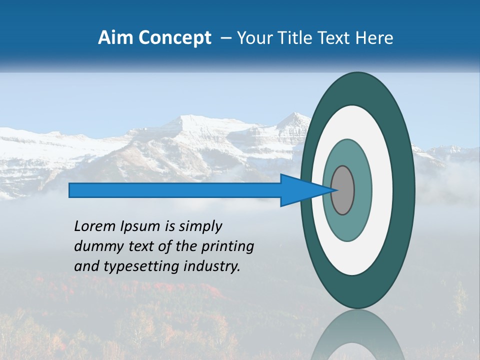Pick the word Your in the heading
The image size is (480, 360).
[x=254, y=38]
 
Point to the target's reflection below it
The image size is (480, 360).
[x=357, y=337]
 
